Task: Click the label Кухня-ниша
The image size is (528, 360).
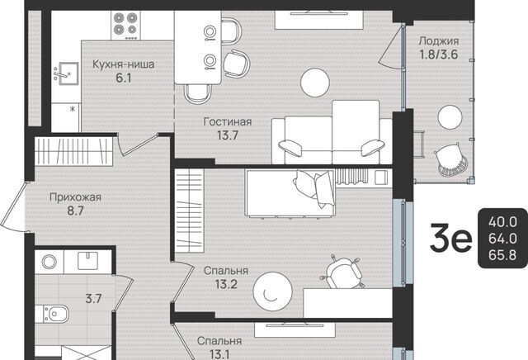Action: point(123,64)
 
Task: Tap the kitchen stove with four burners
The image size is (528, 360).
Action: point(125,26)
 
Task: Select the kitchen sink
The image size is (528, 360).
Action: point(66,73)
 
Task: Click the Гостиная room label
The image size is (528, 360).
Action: point(228,121)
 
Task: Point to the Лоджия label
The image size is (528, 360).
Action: point(438,41)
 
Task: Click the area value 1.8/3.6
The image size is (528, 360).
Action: point(438,54)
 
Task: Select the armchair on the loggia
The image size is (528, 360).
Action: point(451,160)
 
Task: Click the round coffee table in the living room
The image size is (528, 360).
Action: point(315,83)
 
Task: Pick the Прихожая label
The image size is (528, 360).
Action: point(75,197)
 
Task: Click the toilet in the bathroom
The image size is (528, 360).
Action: point(53,314)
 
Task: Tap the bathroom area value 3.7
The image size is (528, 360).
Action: point(93,298)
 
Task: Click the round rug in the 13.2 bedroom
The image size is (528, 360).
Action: point(273,291)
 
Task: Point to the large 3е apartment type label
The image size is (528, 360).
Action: point(451,239)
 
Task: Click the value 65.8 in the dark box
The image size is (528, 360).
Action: point(502,255)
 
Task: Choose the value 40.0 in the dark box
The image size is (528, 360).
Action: point(502,222)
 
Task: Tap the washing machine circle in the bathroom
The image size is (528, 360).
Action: point(49,262)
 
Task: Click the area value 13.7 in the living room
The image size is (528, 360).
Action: point(228,135)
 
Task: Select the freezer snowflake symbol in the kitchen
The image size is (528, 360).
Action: point(72,108)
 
